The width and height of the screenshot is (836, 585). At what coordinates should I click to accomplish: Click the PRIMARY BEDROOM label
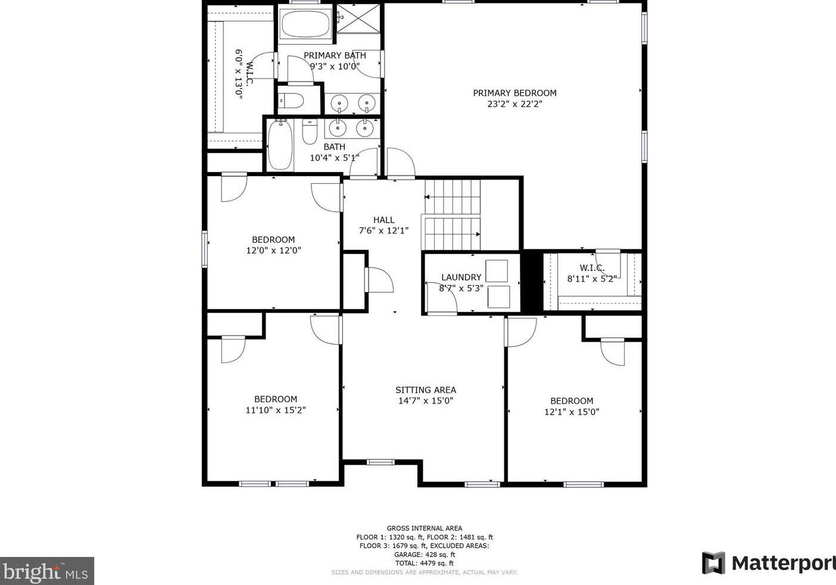point(514,93)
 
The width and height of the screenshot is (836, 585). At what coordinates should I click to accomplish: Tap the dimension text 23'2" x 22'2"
point(514,104)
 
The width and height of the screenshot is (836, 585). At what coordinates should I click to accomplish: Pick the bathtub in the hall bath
point(280,145)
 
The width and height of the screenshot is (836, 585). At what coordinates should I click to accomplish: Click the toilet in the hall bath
point(310,132)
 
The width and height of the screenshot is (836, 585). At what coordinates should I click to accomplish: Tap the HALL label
point(383,220)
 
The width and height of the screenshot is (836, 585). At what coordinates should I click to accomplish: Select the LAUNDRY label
point(461,277)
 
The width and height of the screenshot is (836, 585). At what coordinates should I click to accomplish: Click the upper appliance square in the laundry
point(497,271)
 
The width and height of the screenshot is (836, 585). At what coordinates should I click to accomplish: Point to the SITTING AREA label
point(425,390)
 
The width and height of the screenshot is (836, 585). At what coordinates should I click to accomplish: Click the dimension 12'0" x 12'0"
point(273,251)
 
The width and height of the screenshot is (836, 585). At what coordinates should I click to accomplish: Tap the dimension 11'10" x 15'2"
point(275,410)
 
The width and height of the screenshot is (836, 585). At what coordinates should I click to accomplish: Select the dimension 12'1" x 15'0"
point(571,412)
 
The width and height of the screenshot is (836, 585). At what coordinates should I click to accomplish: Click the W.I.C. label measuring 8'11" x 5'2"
point(591,268)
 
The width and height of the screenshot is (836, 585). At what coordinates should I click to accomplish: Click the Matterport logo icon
point(713,562)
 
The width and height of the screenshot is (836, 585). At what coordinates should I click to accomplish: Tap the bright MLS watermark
point(46,571)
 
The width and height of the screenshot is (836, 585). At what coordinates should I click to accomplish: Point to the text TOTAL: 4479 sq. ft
point(424,563)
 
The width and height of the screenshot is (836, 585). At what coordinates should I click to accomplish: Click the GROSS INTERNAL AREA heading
point(424,528)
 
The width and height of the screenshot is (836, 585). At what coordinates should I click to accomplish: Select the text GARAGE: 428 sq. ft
point(424,554)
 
